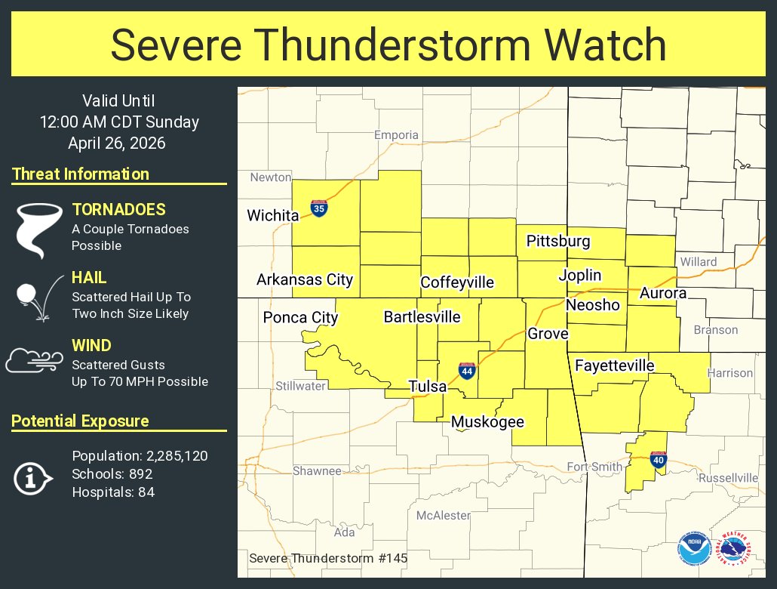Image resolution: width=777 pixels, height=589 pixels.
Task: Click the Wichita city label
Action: (x=272, y=216)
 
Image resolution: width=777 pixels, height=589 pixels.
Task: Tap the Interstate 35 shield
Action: (x=319, y=208)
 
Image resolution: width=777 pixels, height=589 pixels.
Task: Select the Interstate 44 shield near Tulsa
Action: (x=467, y=371)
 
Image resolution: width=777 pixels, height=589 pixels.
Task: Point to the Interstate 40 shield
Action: (x=658, y=459)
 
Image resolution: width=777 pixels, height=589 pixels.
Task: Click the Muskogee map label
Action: (x=487, y=422)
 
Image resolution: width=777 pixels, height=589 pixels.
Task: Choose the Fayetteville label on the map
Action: (x=614, y=366)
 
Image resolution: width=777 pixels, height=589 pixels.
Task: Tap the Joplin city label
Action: (x=580, y=276)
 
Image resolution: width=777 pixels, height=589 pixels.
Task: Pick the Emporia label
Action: (x=396, y=135)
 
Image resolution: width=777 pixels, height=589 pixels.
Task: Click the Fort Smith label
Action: (x=594, y=467)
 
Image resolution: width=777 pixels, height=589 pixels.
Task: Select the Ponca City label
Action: (x=300, y=318)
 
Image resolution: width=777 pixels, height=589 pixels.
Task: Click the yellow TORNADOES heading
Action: (x=118, y=211)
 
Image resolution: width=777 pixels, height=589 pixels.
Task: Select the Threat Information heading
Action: (x=81, y=174)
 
